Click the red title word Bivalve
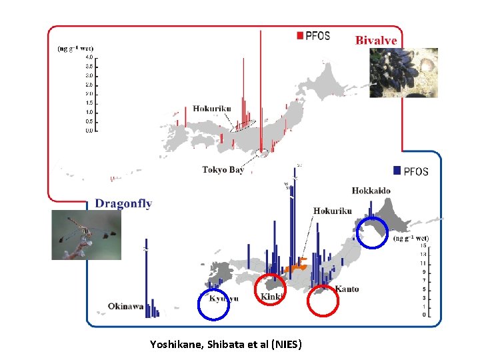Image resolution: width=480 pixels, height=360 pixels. (376, 41)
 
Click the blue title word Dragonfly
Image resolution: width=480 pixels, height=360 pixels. (123, 203)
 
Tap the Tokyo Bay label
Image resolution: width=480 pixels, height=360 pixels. (223, 170)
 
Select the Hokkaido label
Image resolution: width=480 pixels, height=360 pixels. (371, 191)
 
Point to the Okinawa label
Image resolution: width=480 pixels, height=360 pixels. (125, 307)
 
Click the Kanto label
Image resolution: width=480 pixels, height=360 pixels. (347, 289)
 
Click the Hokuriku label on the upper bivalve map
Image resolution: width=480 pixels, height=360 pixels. (213, 109)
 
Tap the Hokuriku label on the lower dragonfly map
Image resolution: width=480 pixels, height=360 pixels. (333, 211)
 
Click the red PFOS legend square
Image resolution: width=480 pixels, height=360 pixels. (300, 35)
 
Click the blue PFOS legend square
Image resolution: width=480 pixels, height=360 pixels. (397, 171)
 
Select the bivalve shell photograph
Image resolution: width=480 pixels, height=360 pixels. (404, 73)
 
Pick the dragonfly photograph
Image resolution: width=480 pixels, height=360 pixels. (77, 235)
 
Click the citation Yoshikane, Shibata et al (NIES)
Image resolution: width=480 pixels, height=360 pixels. (226, 345)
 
